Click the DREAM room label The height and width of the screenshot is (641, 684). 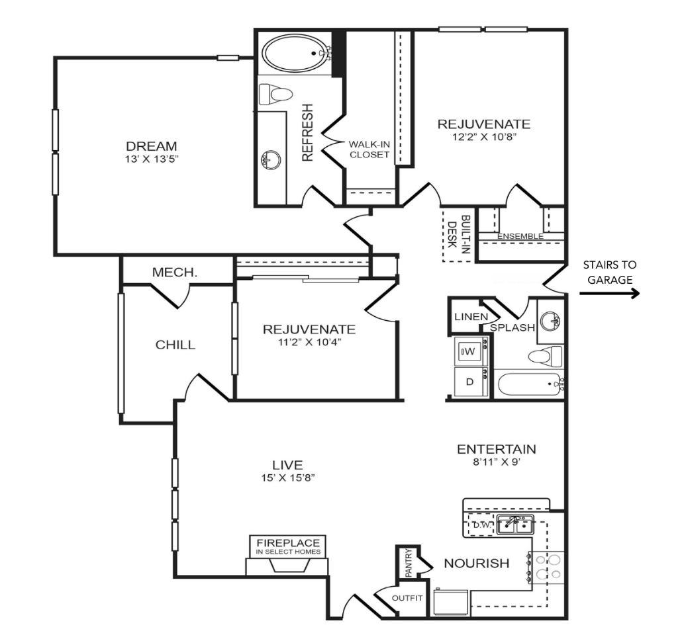pos(152,146)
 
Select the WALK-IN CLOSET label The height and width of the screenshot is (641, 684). pos(369,149)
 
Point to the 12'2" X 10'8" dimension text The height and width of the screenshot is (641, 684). pos(484,137)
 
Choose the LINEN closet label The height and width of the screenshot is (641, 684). pos(471,317)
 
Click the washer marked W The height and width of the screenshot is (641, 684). pos(471,351)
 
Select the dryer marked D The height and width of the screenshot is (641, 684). pos(471,382)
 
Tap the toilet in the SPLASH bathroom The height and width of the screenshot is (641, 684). pos(546,357)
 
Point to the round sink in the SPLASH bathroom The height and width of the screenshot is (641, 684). pos(550,321)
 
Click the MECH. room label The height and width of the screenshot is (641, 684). pos(175,273)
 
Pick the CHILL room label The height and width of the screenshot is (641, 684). pos(175,345)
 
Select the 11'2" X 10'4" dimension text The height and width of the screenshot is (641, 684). pos(310,342)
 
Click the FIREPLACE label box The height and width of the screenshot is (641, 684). pos(288,546)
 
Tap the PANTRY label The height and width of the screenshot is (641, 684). pos(409,563)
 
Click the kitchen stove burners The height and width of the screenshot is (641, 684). pos(546,567)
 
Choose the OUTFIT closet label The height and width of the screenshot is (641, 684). pos(407,598)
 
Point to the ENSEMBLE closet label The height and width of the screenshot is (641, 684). pos(520,236)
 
